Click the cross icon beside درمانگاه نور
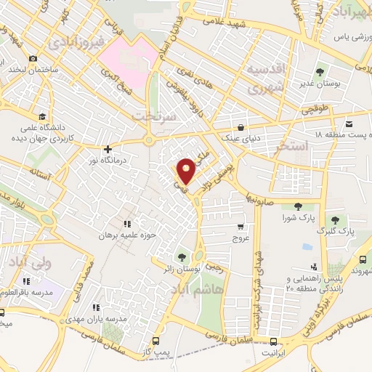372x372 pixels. tap(108, 148)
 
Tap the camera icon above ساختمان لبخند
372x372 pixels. tap(32, 59)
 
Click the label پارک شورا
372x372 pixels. tap(298, 217)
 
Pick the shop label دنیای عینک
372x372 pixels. tap(239, 137)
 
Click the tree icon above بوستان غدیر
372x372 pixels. tap(320, 71)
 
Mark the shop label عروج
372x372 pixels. tap(240, 238)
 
